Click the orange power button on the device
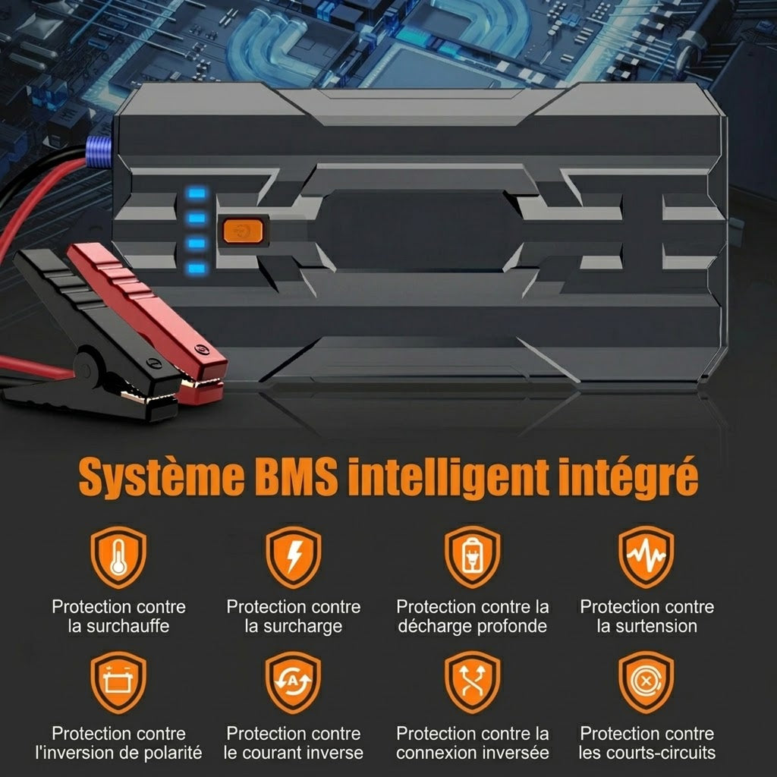(x=243, y=231)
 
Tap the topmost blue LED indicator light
(x=197, y=193)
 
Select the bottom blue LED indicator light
(x=197, y=269)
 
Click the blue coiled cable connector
(x=99, y=152)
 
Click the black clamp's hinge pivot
(x=85, y=370)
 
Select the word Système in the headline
(x=162, y=478)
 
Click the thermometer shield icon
(x=118, y=557)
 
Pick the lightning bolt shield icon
(x=294, y=557)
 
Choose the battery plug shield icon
(x=472, y=557)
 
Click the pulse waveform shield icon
(x=646, y=557)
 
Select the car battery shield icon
(x=118, y=682)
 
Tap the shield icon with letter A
(x=294, y=682)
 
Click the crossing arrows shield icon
(x=472, y=682)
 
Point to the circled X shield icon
(x=646, y=682)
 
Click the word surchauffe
(x=127, y=626)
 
